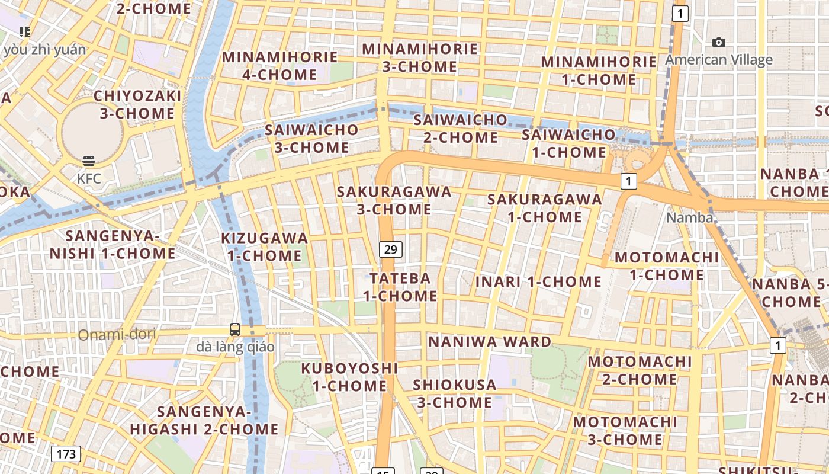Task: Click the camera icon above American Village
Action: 719,42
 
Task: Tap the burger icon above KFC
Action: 89,161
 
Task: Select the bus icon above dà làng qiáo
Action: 235,329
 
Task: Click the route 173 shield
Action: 66,454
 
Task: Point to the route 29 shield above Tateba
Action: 390,249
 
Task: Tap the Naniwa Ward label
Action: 490,342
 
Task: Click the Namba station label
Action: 689,217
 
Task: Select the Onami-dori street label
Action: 117,334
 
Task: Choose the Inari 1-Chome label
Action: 538,281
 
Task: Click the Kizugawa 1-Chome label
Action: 264,247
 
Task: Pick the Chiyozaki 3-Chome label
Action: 137,104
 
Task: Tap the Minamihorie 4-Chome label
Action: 279,66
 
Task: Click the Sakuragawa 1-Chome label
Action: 544,208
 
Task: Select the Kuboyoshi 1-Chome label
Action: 349,377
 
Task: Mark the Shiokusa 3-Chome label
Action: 454,393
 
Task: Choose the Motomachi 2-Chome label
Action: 640,370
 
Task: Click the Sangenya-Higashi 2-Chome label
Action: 204,420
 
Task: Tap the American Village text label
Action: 719,60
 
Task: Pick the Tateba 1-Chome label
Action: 400,287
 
